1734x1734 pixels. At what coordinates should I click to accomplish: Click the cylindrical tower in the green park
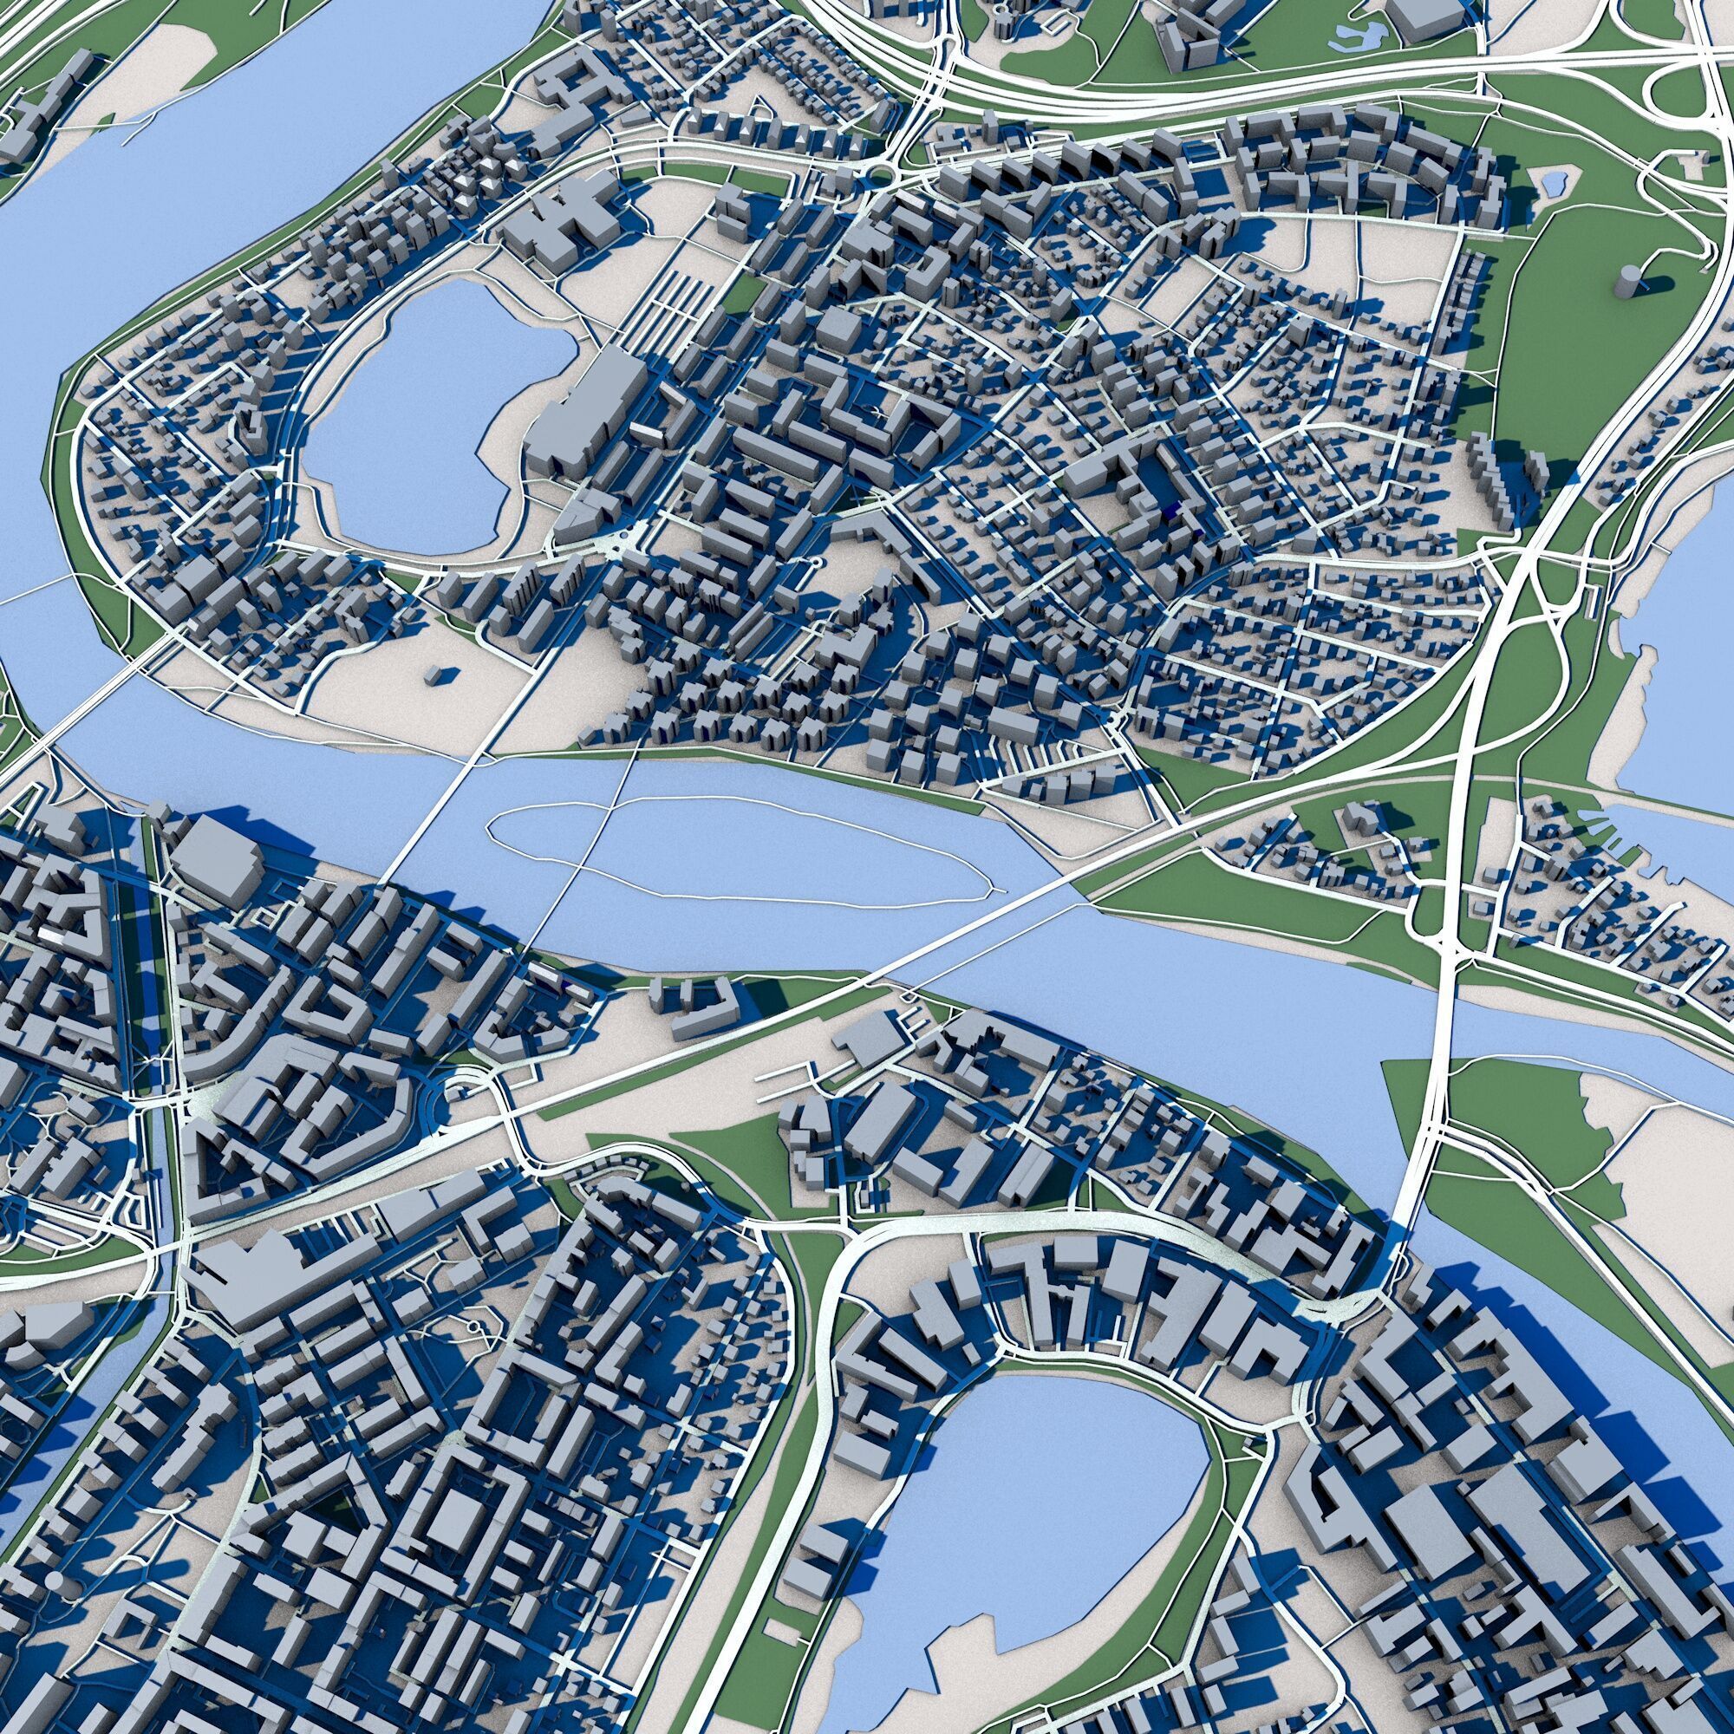coord(1626,282)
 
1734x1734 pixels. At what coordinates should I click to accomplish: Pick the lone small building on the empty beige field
coord(437,674)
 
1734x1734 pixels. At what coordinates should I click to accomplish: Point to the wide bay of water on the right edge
coord(1679,629)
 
